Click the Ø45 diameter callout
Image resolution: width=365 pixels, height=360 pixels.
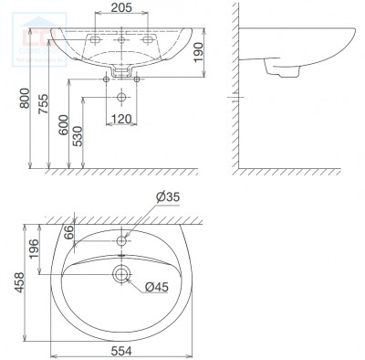(x=156, y=288)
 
